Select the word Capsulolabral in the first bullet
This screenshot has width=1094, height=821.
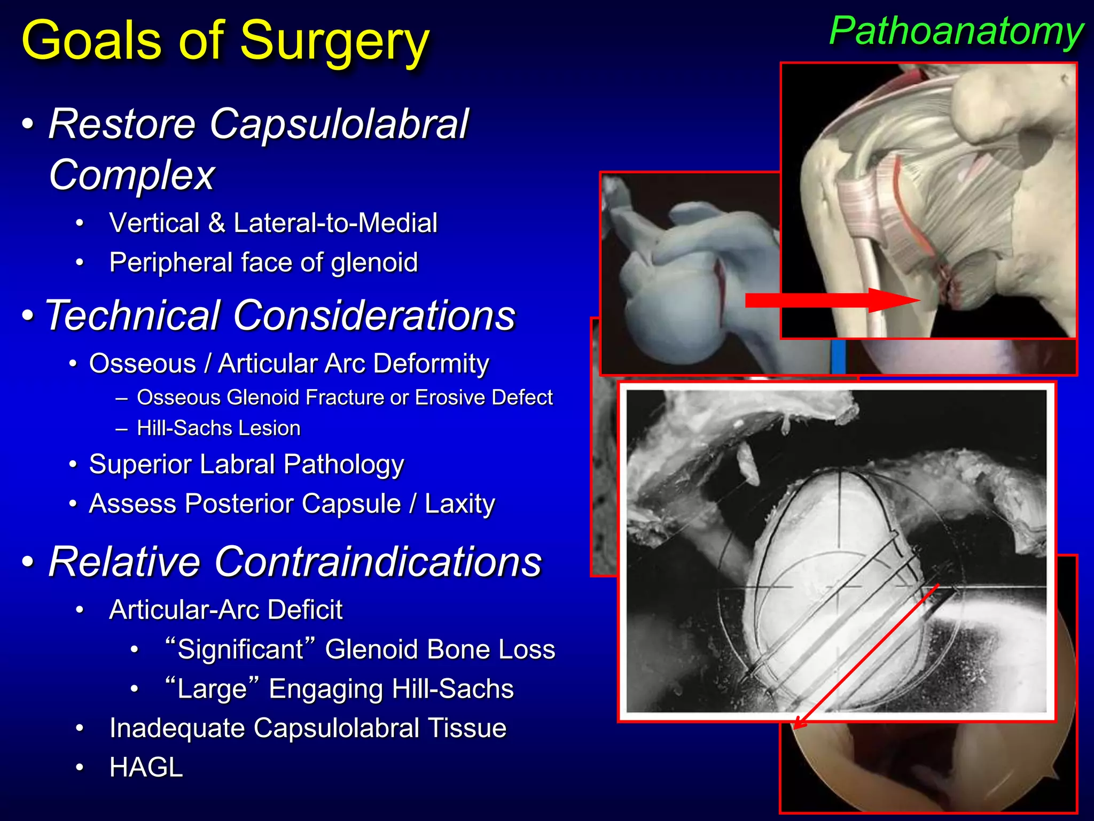click(x=339, y=124)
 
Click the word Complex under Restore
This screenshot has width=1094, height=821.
click(x=131, y=175)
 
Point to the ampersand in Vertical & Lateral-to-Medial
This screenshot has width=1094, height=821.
click(x=216, y=223)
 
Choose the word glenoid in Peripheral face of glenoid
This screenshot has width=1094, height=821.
click(x=374, y=262)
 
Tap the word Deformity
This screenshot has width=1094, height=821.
click(x=431, y=363)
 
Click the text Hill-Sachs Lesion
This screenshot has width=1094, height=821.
click(x=218, y=428)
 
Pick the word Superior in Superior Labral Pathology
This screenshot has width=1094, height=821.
click(x=140, y=464)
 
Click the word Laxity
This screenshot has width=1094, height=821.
click(x=459, y=504)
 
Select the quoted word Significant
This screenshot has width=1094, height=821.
click(x=240, y=649)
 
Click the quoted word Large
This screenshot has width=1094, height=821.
click(x=212, y=688)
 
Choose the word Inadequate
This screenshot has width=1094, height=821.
click(x=177, y=728)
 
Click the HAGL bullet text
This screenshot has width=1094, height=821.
click(x=146, y=768)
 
